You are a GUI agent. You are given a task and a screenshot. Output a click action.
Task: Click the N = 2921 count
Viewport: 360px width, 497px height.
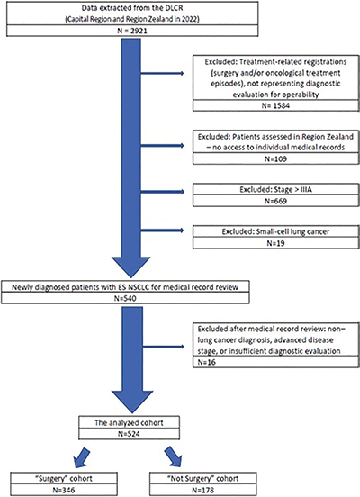(x=132, y=31)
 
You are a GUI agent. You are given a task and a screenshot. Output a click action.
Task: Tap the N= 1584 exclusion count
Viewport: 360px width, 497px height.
(x=275, y=105)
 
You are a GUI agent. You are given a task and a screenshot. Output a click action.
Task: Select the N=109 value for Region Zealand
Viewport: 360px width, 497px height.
(x=275, y=158)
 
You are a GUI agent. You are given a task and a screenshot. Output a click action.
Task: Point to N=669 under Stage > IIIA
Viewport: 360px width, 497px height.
(x=275, y=201)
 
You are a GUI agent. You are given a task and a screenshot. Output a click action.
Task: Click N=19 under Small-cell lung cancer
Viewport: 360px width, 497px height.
(x=275, y=243)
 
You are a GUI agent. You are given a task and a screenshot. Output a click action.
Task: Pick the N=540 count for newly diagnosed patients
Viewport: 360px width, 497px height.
(x=125, y=298)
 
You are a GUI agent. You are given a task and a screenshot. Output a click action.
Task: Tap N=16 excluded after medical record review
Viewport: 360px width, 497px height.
(x=207, y=362)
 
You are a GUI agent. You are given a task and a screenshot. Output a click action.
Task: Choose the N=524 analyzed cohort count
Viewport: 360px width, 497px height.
(x=129, y=434)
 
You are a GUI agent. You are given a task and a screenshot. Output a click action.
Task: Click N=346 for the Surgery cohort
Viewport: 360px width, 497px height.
(x=64, y=490)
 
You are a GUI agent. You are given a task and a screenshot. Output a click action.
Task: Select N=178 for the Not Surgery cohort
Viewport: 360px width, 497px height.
(x=202, y=490)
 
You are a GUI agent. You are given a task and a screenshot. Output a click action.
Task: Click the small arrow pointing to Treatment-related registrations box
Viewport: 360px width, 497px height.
(x=162, y=74)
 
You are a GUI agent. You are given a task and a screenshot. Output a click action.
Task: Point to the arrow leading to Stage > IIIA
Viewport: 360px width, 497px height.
(x=162, y=192)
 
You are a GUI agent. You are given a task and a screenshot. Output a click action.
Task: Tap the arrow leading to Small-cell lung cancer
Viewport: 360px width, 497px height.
(x=162, y=230)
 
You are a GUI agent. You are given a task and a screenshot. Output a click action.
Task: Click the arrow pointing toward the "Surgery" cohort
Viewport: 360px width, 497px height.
(x=81, y=457)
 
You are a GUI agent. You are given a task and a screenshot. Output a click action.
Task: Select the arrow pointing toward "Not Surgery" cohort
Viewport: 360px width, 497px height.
(x=174, y=456)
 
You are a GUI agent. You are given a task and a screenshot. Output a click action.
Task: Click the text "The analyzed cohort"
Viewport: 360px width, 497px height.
(x=129, y=422)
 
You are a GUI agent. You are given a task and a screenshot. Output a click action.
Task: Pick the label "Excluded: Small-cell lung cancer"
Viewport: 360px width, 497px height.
(x=275, y=231)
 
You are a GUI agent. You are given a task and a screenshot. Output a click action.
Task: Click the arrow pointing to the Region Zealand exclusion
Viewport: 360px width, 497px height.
(x=162, y=146)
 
